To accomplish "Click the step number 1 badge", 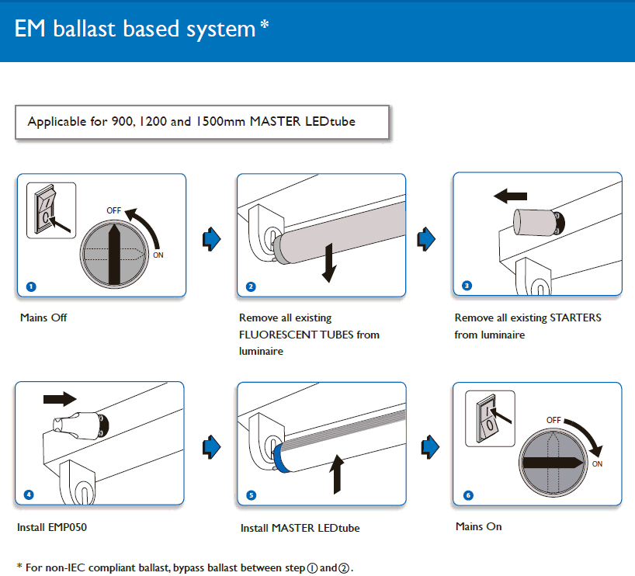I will point(31,286).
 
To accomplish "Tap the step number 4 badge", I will point(29,494).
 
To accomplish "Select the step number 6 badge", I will point(467,494).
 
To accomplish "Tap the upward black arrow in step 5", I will point(337,474).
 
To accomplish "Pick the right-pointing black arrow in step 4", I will point(60,399).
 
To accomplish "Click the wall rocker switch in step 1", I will point(45,209).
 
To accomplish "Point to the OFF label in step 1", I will point(114,210).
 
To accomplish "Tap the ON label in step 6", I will point(597,464).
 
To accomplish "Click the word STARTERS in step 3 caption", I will point(575,317).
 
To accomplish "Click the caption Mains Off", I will point(43,317).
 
